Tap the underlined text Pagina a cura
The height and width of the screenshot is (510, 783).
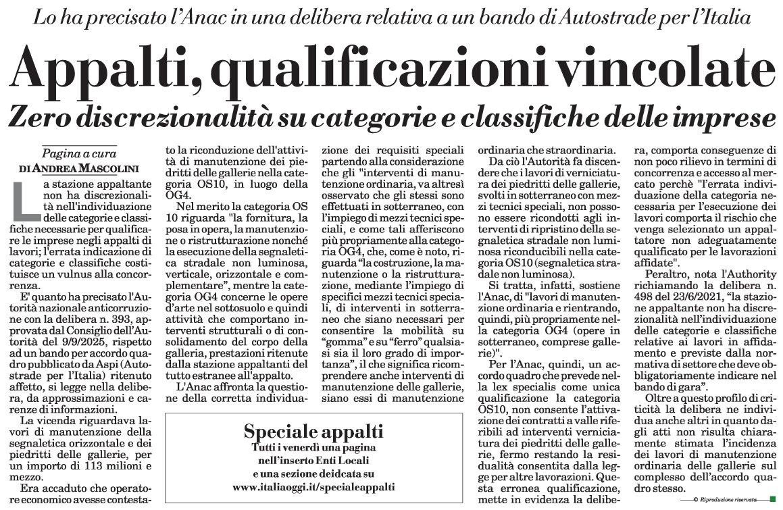[x=79, y=153]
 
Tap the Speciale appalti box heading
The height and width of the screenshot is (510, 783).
[x=313, y=432]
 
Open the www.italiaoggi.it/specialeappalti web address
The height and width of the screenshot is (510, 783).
[x=313, y=486]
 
